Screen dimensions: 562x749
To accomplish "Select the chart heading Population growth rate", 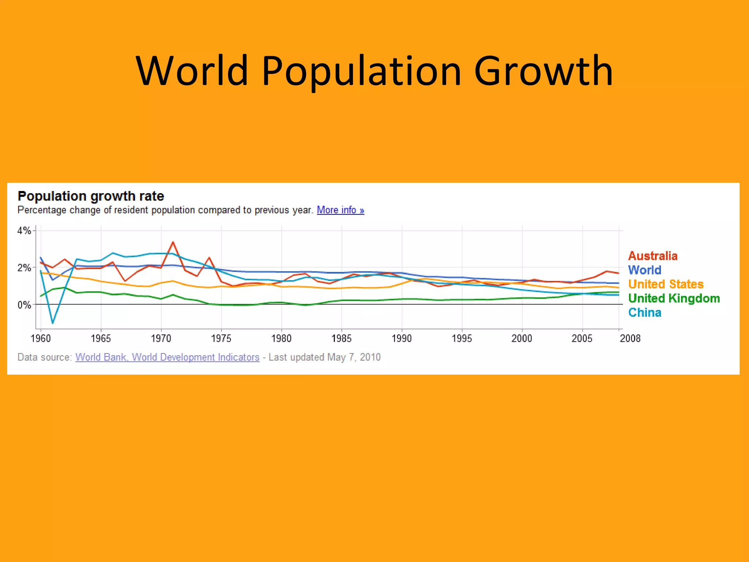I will click(x=91, y=196).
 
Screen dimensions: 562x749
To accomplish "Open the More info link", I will click(x=340, y=210).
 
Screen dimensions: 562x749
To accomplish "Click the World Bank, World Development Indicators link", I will click(x=167, y=357).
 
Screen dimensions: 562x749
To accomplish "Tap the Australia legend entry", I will click(x=652, y=256).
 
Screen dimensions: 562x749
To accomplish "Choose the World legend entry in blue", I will click(x=644, y=270).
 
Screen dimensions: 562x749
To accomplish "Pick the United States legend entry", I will click(x=666, y=284).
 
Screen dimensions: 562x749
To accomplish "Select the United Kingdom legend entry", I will click(x=674, y=298).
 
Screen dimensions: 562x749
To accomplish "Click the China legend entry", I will click(x=644, y=312).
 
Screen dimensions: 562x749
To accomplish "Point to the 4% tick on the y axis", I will click(x=24, y=231).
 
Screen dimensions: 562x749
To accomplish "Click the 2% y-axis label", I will click(x=24, y=268).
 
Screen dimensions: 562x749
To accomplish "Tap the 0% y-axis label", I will click(x=24, y=305).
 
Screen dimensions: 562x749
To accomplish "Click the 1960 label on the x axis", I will click(x=41, y=338).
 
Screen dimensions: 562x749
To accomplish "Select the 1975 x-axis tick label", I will click(x=221, y=338).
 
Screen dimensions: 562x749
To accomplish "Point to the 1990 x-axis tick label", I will click(x=402, y=338).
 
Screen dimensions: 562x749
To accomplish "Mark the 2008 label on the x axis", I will click(x=630, y=338).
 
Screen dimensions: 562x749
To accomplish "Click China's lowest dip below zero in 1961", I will click(x=53, y=323).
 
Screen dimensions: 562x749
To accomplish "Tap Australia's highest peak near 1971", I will click(x=173, y=242).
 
